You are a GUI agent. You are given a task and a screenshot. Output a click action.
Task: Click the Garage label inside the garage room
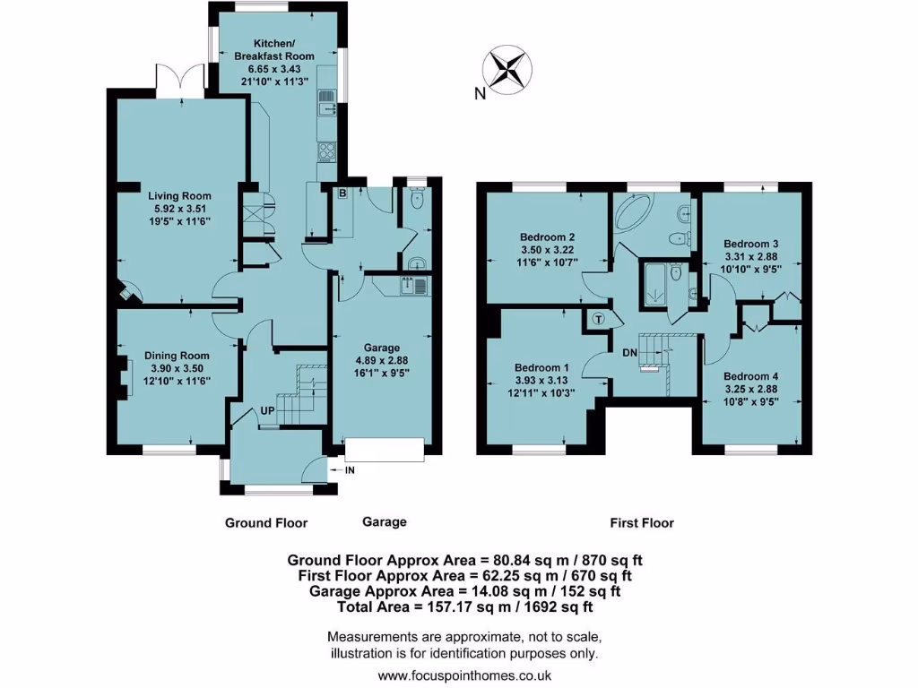pyautogui.click(x=382, y=348)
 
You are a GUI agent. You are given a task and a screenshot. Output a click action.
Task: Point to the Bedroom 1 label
pyautogui.click(x=541, y=367)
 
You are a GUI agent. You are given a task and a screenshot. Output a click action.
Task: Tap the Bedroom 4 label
pyautogui.click(x=750, y=376)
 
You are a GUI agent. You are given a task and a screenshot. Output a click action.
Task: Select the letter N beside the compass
pyautogui.click(x=481, y=91)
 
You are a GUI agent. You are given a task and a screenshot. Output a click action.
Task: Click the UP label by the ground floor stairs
pyautogui.click(x=267, y=409)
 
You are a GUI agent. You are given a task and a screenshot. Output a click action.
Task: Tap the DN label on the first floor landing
pyautogui.click(x=629, y=352)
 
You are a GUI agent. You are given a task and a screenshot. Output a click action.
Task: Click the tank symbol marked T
pyautogui.click(x=598, y=317)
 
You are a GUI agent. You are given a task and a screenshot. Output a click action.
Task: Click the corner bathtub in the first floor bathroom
pyautogui.click(x=634, y=218)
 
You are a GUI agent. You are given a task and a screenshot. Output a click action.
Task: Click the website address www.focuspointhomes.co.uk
pyautogui.click(x=464, y=675)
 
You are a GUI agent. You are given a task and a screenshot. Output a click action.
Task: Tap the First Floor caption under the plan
pyautogui.click(x=642, y=522)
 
